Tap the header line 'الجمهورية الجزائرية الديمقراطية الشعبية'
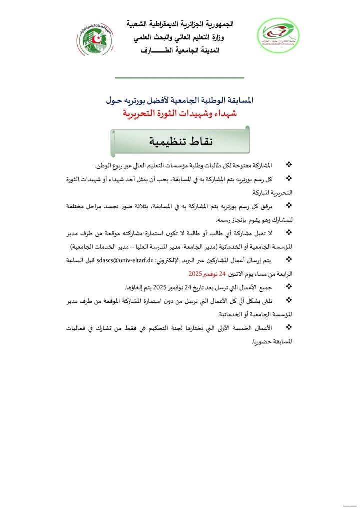click(180, 24)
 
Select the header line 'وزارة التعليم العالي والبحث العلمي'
click(180, 37)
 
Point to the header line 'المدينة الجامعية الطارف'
click(180, 50)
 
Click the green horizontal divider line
click(180, 78)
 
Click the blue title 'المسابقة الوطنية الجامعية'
click(180, 100)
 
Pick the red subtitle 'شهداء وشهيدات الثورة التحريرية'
click(180, 114)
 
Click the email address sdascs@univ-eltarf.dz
click(125, 260)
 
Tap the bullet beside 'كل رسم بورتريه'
click(288, 178)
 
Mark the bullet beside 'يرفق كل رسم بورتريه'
click(288, 205)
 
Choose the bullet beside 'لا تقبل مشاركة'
click(288, 232)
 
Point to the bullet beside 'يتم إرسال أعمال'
click(288, 260)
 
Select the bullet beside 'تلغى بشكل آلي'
click(288, 301)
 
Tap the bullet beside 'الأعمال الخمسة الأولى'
click(288, 328)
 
